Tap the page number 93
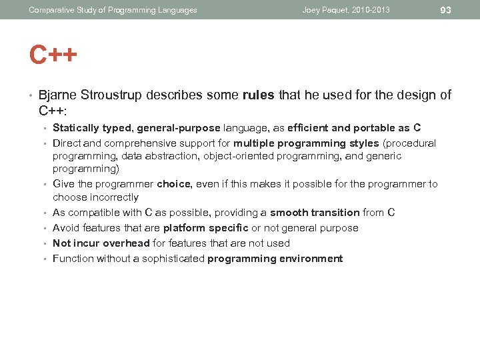(x=446, y=10)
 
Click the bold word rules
(x=259, y=95)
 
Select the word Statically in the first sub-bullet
(x=75, y=128)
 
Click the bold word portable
(x=375, y=128)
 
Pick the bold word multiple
(x=254, y=143)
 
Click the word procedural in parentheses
(x=409, y=143)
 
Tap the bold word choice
(x=174, y=184)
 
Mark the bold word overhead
(x=127, y=243)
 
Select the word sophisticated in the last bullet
(x=171, y=259)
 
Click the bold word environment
(x=309, y=259)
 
